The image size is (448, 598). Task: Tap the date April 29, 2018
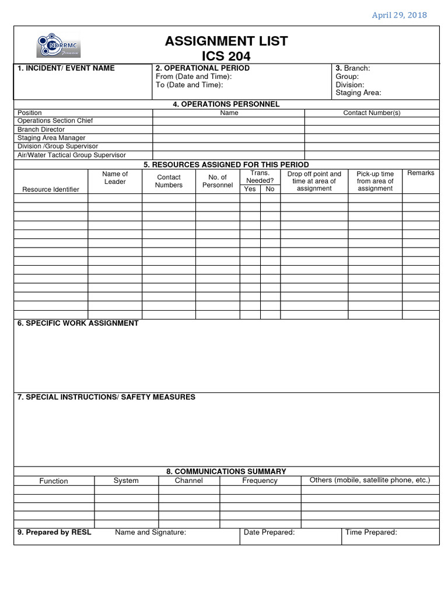(x=399, y=15)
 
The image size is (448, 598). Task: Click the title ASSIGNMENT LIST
(x=226, y=41)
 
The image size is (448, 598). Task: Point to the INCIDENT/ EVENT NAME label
(x=66, y=68)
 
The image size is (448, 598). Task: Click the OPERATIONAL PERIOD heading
(x=202, y=68)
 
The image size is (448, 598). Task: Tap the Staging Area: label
(x=358, y=93)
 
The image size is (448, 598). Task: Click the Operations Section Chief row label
(x=55, y=121)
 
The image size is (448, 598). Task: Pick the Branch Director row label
(x=41, y=130)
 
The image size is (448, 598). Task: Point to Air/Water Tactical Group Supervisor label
(x=71, y=155)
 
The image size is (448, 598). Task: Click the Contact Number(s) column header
(x=372, y=113)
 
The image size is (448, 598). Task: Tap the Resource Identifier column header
(x=50, y=189)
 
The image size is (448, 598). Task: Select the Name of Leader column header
(x=115, y=178)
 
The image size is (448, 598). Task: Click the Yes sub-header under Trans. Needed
(x=250, y=189)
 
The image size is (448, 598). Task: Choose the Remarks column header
(x=421, y=173)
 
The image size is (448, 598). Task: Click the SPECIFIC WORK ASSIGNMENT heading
(x=78, y=324)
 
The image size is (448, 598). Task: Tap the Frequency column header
(x=260, y=481)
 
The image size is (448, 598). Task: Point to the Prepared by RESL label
(x=54, y=532)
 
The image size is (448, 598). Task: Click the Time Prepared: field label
(x=371, y=532)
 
